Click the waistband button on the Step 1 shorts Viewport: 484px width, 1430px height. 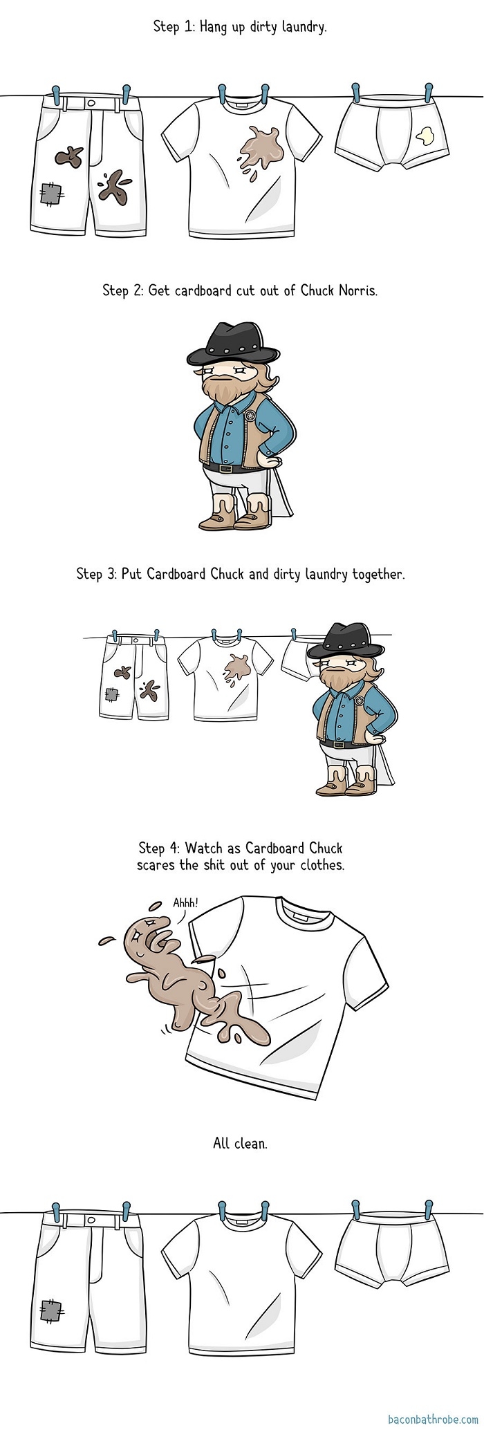tap(91, 101)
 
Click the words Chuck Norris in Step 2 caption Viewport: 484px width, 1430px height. tap(339, 290)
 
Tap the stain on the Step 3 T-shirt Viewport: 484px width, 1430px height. tap(236, 665)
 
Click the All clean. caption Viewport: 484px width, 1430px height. tap(240, 1143)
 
